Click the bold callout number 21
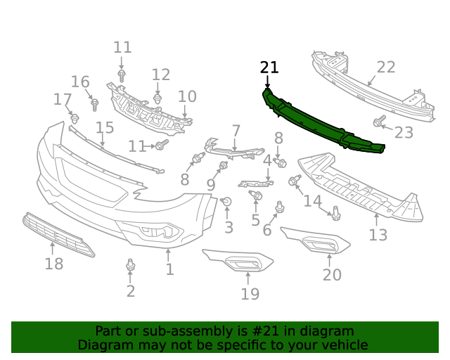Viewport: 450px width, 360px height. (x=269, y=67)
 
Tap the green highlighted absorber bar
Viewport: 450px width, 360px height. (x=323, y=124)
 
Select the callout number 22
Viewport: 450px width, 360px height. (x=386, y=67)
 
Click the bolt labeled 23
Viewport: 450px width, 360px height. (x=378, y=122)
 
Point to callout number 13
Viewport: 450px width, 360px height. (x=378, y=235)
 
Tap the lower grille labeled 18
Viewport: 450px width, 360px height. (x=58, y=233)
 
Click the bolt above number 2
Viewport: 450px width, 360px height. (x=130, y=265)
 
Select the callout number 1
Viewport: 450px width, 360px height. (x=169, y=269)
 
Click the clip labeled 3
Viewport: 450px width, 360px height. (x=226, y=202)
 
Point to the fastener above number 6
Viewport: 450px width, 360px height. (x=279, y=207)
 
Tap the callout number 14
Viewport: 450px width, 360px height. (x=312, y=201)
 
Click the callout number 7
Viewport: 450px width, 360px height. (x=236, y=131)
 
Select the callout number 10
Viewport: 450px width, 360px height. (x=187, y=96)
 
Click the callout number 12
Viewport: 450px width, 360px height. (x=161, y=75)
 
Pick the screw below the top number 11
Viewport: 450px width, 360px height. (x=122, y=74)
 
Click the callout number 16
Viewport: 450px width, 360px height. (x=80, y=82)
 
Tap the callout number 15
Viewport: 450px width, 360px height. (x=105, y=127)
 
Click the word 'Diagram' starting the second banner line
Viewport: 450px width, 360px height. (x=104, y=345)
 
